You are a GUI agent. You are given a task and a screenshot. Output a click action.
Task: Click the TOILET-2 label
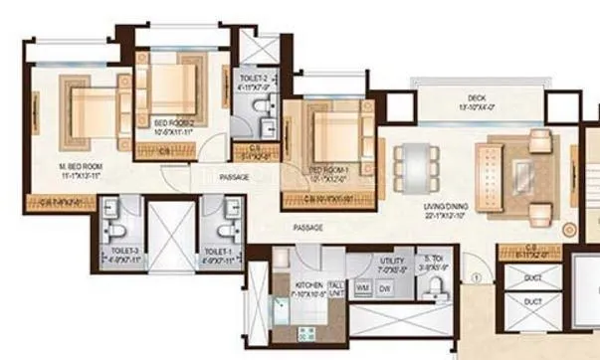pos(252,79)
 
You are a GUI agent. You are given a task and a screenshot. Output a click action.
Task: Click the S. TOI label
pos(432,260)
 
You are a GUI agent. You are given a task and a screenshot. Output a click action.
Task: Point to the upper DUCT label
pos(532,278)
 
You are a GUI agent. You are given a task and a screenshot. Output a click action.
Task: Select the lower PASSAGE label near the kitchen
pos(308,228)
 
